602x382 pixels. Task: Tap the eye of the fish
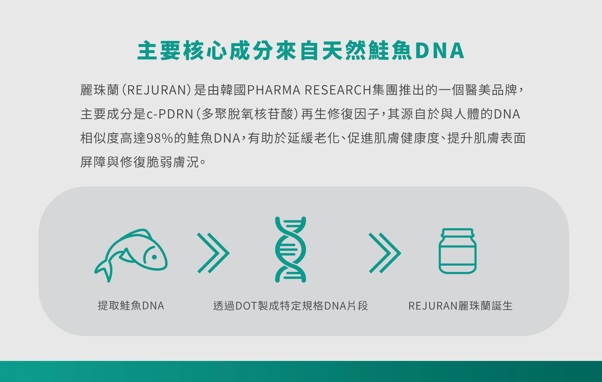tap(155, 257)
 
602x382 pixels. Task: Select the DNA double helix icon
tap(290, 249)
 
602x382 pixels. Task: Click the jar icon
tap(458, 251)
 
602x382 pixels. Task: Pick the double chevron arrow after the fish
tap(213, 253)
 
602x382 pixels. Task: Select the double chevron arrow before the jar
tap(385, 253)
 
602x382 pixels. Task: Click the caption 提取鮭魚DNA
tap(131, 306)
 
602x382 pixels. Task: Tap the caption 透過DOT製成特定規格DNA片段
tap(290, 306)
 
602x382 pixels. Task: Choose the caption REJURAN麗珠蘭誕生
tap(460, 306)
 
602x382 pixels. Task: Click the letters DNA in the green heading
tap(440, 51)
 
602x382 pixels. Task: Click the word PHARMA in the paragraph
tap(274, 90)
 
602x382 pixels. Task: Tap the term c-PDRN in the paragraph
tap(170, 114)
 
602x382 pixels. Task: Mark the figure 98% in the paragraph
tap(160, 138)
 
